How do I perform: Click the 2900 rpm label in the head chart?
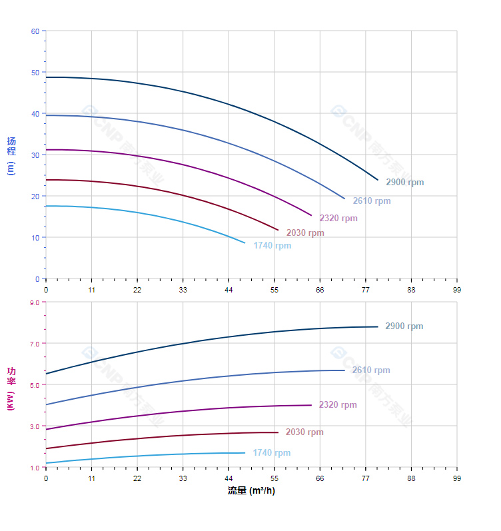[x=404, y=183]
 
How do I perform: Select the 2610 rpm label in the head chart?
[x=372, y=201]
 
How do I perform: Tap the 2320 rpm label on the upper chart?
[x=338, y=219]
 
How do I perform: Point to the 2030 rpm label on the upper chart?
[x=305, y=233]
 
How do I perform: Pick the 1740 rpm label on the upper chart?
[x=272, y=246]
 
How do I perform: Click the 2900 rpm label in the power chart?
[x=404, y=326]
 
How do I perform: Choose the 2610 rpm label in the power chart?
[x=371, y=370]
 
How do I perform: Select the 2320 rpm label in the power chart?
[x=338, y=405]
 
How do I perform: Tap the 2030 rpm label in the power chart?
[x=304, y=432]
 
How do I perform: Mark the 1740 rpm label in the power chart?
[x=271, y=453]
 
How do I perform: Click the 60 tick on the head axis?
[x=35, y=31]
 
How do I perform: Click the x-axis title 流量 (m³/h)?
[x=251, y=491]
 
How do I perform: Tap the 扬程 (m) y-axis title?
[x=11, y=155]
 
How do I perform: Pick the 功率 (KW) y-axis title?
[x=11, y=388]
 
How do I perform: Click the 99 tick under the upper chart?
[x=457, y=290]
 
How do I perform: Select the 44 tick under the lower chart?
[x=229, y=478]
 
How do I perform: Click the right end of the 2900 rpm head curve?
[x=378, y=180]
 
